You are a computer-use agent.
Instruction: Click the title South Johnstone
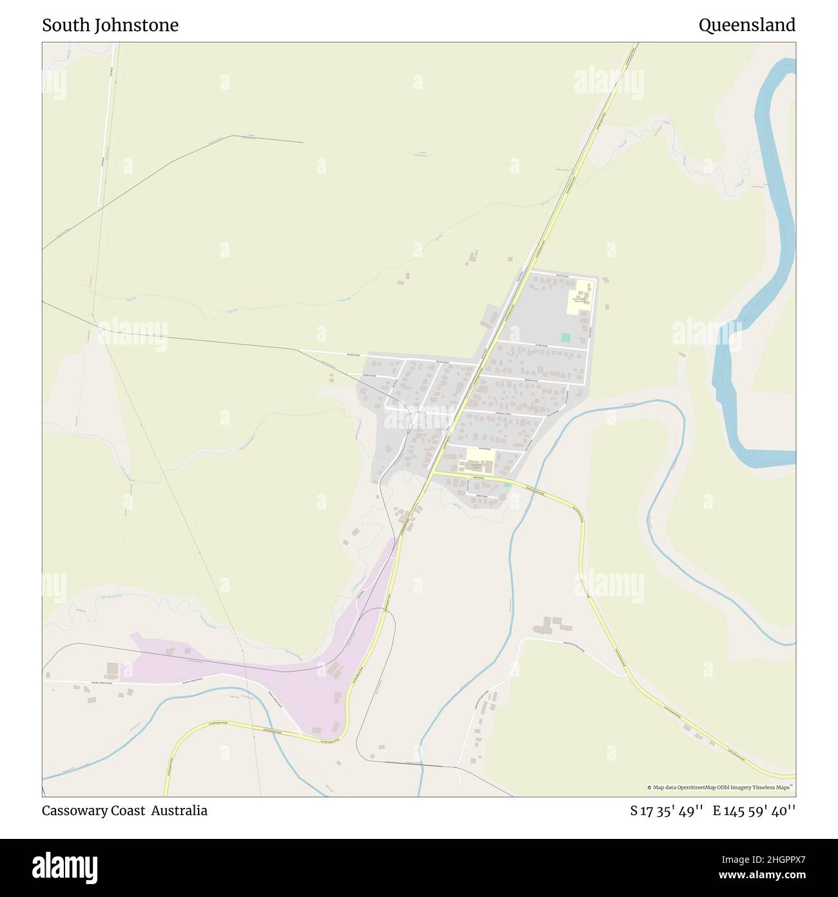(110, 25)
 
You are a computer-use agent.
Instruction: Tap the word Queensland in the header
(746, 25)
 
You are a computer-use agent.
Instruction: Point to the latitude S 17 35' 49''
(667, 811)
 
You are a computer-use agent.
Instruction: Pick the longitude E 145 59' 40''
(754, 811)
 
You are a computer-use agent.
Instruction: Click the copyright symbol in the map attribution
(650, 787)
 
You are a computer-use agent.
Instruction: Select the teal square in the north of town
(565, 338)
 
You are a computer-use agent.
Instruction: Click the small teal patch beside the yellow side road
(507, 483)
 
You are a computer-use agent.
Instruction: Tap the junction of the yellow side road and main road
(433, 472)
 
